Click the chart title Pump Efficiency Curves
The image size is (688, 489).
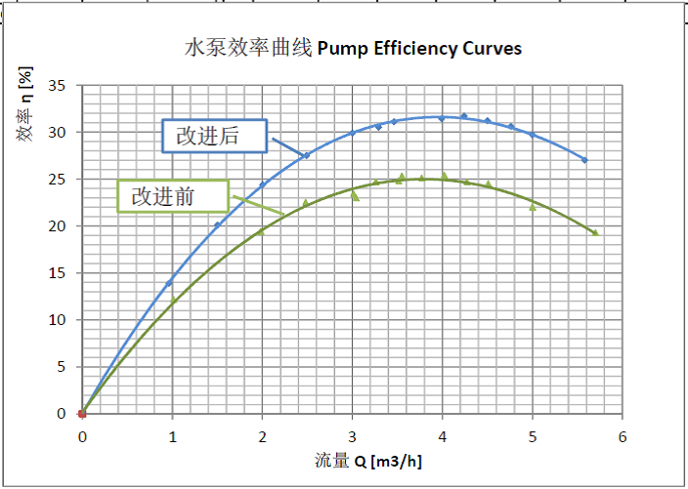354,48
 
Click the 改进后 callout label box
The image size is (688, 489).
213,136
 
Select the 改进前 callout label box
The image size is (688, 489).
172,196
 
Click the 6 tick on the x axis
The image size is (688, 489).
623,435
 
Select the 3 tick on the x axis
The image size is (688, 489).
352,435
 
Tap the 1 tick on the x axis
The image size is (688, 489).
172,435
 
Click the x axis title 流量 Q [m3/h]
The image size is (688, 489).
355,460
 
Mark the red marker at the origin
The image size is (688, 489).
82,414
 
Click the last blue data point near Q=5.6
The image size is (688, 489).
584,160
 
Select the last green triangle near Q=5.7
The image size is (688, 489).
594,232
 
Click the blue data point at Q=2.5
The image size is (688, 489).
307,155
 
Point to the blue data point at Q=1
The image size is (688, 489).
169,283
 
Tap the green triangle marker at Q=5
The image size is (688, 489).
533,206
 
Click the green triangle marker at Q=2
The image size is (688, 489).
261,231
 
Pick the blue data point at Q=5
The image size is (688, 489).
533,135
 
